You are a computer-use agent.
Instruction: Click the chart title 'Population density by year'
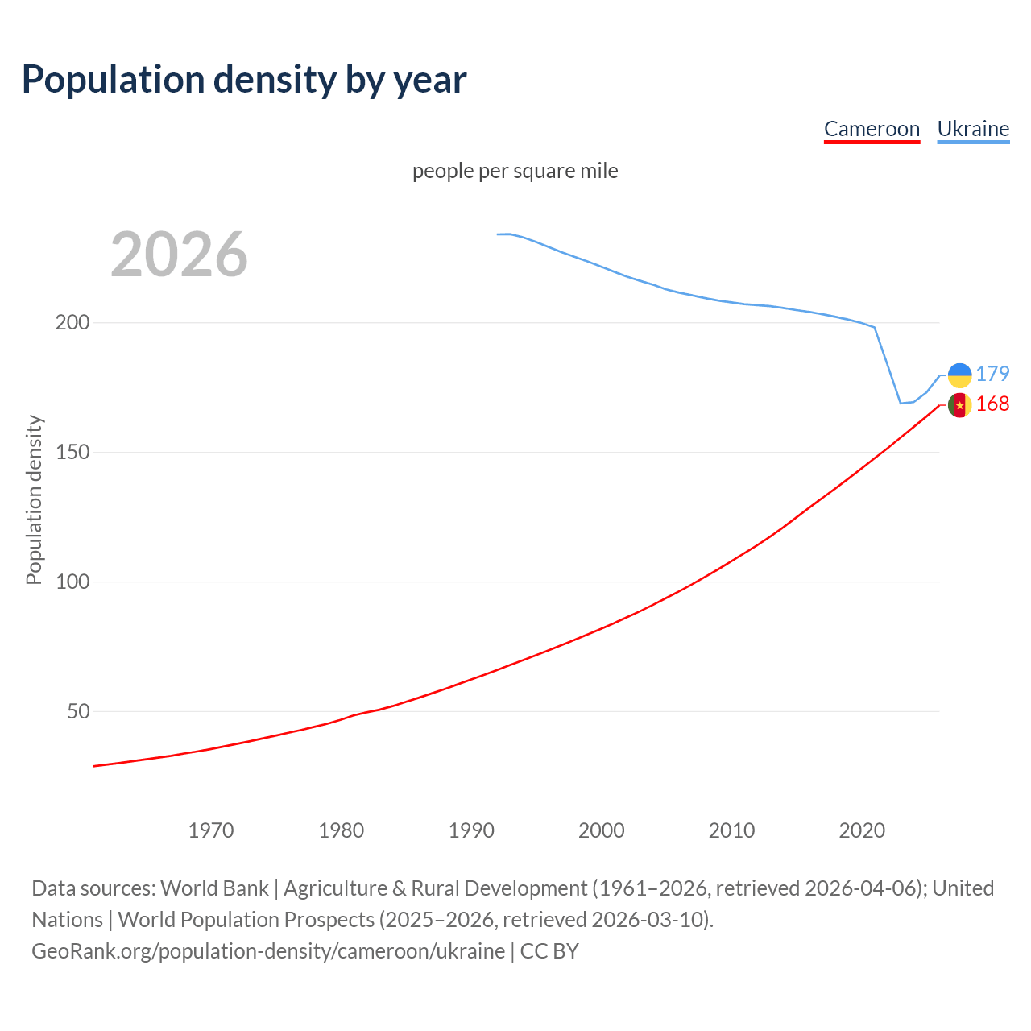coord(244,80)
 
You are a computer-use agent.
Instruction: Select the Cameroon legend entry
coord(872,129)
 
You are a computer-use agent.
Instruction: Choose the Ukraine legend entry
coord(973,129)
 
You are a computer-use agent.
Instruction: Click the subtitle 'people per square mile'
coord(515,171)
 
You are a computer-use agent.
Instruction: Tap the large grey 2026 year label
coord(179,255)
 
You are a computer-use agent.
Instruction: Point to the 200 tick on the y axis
coord(72,323)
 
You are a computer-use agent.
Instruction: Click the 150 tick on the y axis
coord(72,453)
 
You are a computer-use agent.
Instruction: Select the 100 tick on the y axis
coord(72,582)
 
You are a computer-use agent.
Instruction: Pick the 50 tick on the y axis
coord(77,712)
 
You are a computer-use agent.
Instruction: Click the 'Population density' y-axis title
coord(34,499)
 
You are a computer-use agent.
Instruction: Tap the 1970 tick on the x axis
coord(211,830)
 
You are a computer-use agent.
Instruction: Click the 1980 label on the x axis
coord(342,830)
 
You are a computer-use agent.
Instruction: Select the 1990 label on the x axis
coord(471,830)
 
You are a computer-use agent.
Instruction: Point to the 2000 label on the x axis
coord(602,830)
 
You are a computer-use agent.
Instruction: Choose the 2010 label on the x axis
coord(731,830)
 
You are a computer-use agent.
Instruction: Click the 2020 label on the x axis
coord(862,830)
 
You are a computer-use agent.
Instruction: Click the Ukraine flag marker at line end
coord(959,375)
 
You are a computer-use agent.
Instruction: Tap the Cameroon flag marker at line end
coord(959,405)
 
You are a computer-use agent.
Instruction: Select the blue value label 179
coord(992,374)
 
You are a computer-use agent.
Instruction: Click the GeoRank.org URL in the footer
coord(268,951)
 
